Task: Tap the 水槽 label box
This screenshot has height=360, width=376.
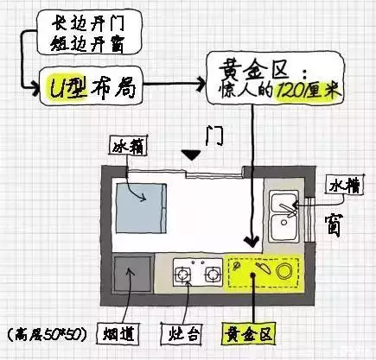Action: tap(345, 186)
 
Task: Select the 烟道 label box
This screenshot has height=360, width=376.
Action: tap(118, 334)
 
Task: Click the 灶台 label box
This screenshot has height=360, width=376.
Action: tap(182, 334)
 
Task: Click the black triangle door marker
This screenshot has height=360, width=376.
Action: tap(191, 155)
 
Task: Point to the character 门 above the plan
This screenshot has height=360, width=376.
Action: tap(214, 136)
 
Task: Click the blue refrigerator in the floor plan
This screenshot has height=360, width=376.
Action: tap(141, 208)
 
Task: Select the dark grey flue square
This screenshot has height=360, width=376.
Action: tap(133, 275)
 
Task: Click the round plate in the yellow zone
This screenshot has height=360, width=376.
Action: tap(284, 271)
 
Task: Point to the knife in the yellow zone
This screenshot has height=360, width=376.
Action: tap(264, 268)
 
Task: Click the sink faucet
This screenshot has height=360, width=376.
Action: tap(288, 210)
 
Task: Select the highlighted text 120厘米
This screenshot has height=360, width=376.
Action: tap(309, 92)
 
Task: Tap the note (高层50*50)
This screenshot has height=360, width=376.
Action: tap(47, 335)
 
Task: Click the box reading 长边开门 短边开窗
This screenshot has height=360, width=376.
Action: tap(89, 32)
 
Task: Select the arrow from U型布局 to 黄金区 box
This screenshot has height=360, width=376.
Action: tap(175, 84)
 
